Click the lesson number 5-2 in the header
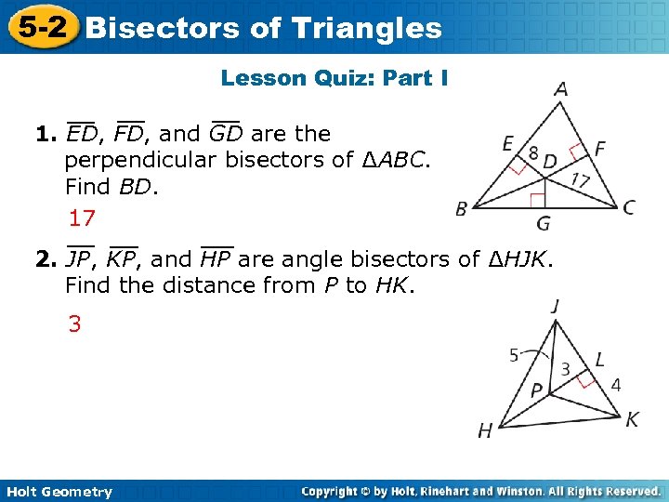pos(40,27)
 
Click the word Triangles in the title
pos(369,28)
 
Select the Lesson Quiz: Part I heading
pos(334,78)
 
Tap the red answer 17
pos(83,219)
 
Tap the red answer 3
pos(73,324)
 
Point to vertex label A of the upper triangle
pos(561,90)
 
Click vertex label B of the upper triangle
pos(462,209)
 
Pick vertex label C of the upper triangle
pos(629,207)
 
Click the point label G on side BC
pos(543,223)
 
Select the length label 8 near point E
pos(533,152)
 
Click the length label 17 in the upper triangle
pos(581,179)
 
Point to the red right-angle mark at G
pos(536,200)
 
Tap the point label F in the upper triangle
pos(599,147)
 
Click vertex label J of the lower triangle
pos(555,306)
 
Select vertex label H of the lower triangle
pos(485,429)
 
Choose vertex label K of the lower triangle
pos(632,420)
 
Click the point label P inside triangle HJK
pos(536,390)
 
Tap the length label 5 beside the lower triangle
pos(514,354)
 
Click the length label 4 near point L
pos(615,384)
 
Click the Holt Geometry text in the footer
pos(57,492)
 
